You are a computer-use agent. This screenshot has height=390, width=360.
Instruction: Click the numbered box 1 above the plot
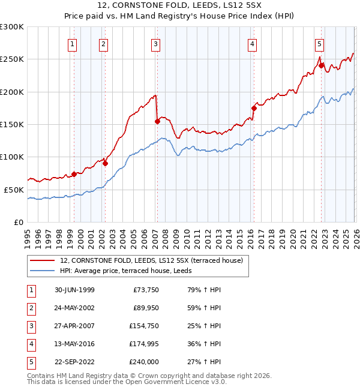[x=73, y=44]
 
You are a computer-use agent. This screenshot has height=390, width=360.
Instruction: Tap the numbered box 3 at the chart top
[x=155, y=44]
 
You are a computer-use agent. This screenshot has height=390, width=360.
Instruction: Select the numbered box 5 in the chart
[x=319, y=44]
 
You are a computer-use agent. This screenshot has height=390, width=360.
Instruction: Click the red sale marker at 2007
[x=157, y=121]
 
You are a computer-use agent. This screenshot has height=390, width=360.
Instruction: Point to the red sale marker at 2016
[x=253, y=109]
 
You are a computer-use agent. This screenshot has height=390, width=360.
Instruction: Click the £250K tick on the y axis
[x=12, y=59]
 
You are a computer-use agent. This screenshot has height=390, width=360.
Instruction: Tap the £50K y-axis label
[x=14, y=190]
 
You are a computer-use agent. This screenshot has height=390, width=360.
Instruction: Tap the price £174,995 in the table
[x=144, y=344]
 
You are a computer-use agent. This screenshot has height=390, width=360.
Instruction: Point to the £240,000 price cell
[x=144, y=362]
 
